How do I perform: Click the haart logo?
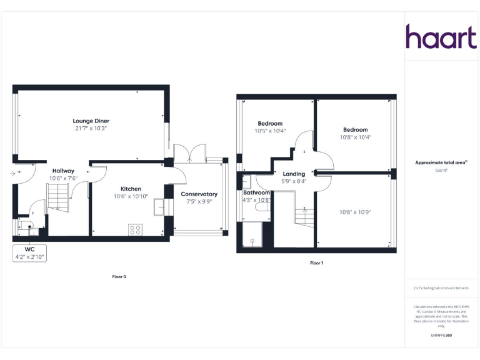coord(441,37)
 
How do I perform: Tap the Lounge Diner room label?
coord(91,121)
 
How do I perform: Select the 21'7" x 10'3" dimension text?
coord(91,128)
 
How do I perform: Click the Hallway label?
coord(63,171)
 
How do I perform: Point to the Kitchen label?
coord(131,189)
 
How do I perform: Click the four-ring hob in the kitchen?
coord(135,229)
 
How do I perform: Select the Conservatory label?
coord(199,194)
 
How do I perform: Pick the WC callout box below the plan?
coord(29,252)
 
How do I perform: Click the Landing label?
coord(294,174)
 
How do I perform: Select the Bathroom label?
coord(256,192)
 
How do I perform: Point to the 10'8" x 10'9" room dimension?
coord(355,212)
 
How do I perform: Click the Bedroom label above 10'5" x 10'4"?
coord(270,124)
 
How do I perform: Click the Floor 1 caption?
coord(316,263)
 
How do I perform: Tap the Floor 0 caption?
coord(119,276)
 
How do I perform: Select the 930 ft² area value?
coord(441,170)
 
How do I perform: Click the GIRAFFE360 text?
coord(441,336)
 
